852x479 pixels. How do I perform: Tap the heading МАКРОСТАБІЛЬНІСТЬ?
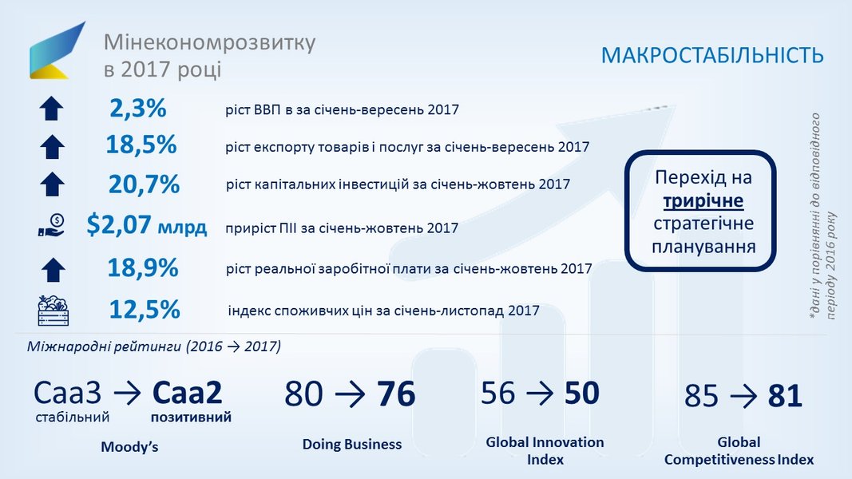pyautogui.click(x=712, y=56)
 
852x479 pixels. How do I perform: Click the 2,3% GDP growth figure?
pyautogui.click(x=138, y=108)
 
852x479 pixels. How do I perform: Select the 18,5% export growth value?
pyautogui.click(x=141, y=144)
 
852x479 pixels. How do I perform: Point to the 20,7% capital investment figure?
pyautogui.click(x=144, y=184)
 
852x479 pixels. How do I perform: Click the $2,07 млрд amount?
pyautogui.click(x=147, y=225)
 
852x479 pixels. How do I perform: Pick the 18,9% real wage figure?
pyautogui.click(x=143, y=267)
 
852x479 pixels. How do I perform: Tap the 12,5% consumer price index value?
pyautogui.click(x=145, y=310)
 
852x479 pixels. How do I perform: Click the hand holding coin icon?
pyautogui.click(x=52, y=225)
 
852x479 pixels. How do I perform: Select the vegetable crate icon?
pyautogui.click(x=53, y=311)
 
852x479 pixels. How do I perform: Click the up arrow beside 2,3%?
pyautogui.click(x=52, y=108)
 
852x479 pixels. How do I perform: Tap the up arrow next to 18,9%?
pyautogui.click(x=53, y=269)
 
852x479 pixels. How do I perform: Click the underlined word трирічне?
pyautogui.click(x=703, y=201)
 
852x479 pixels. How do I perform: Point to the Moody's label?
pyautogui.click(x=129, y=447)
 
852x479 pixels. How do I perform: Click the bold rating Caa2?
pyautogui.click(x=187, y=394)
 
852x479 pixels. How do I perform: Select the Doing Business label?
pyautogui.click(x=352, y=444)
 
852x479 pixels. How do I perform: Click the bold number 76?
pyautogui.click(x=396, y=394)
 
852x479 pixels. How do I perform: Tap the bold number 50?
pyautogui.click(x=581, y=393)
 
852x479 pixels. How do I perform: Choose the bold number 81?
pyautogui.click(x=785, y=396)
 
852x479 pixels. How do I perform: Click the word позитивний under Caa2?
pyautogui.click(x=192, y=418)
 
